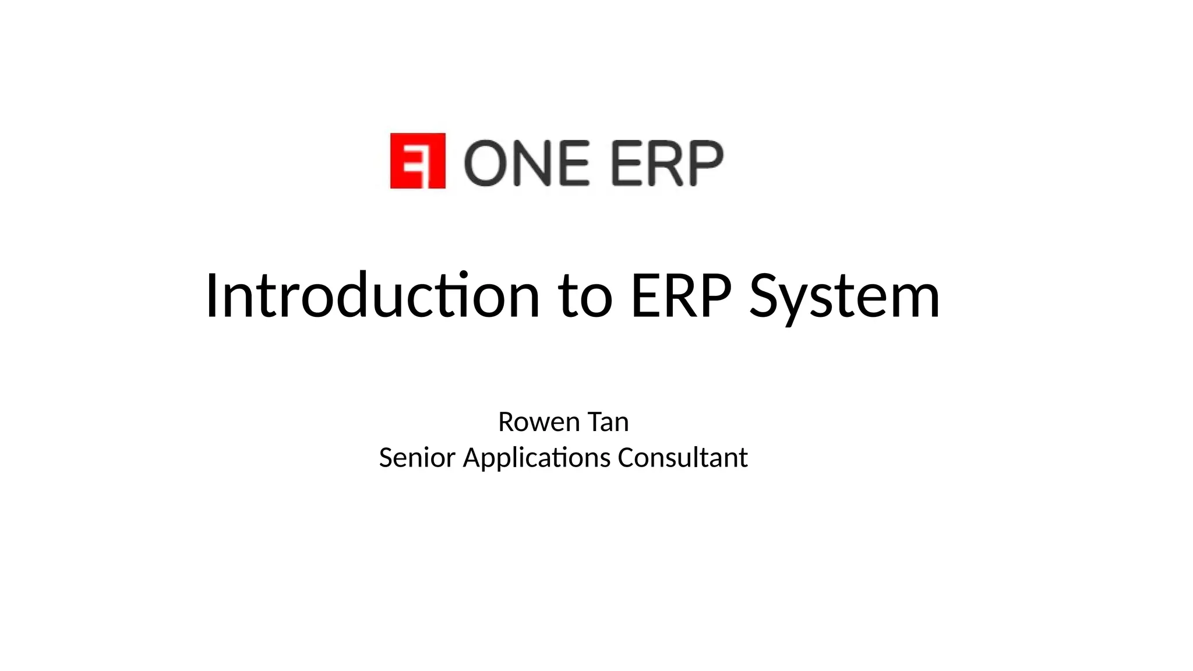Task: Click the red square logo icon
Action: pos(418,161)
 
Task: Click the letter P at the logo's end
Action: pos(704,163)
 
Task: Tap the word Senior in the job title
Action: pos(417,458)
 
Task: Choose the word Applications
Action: pos(537,458)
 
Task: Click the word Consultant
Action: pos(682,458)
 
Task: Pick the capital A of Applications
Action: pos(471,458)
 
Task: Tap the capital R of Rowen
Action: pos(506,422)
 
